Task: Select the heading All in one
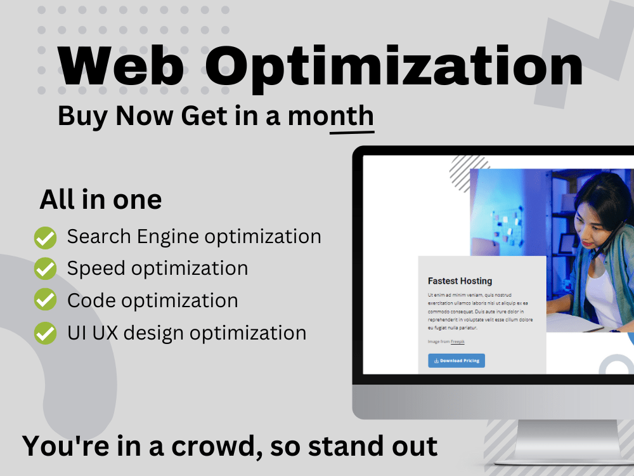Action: coord(101,200)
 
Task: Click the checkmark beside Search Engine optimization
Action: coord(45,237)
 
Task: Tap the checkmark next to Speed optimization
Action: coord(45,268)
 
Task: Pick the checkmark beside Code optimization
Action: coord(45,300)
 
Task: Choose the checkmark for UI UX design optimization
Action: coord(45,333)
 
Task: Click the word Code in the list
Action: coord(89,300)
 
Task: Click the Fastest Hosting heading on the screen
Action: coord(460,281)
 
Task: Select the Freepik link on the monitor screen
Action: coord(457,341)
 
